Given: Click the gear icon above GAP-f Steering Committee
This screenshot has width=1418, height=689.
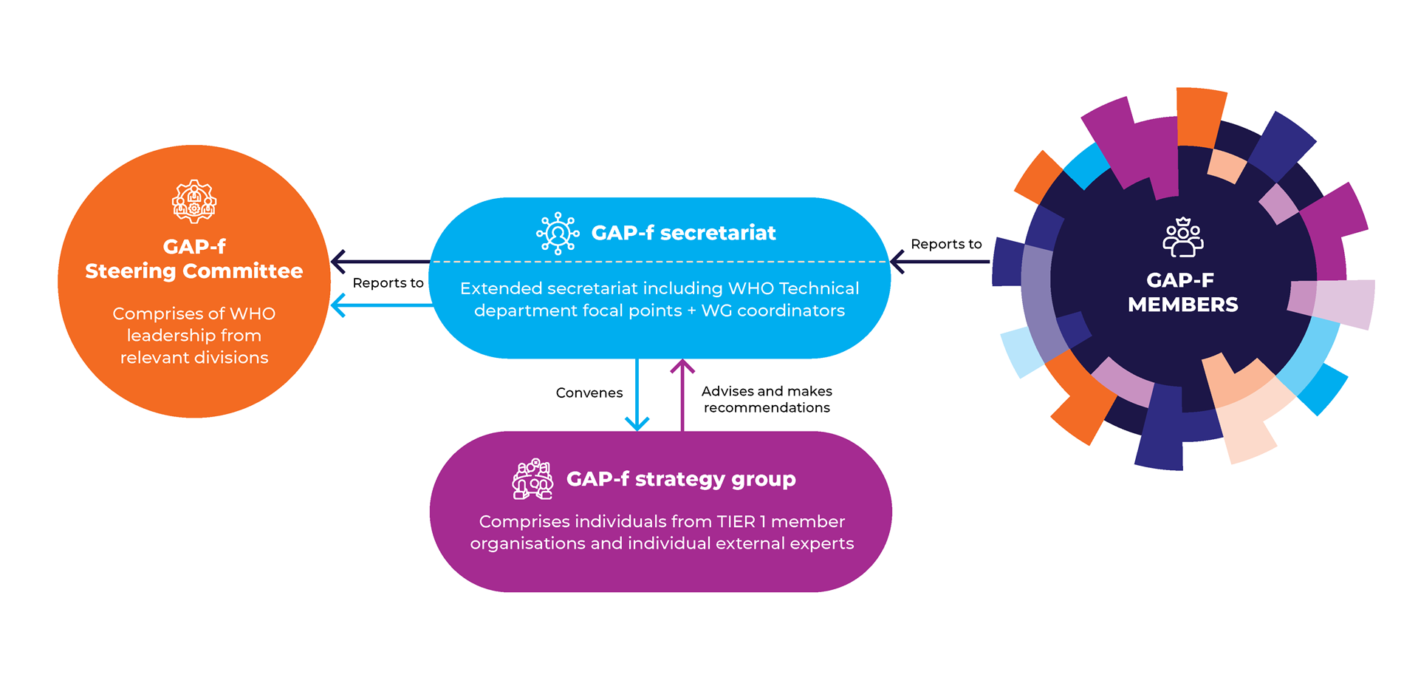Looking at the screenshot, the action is point(194,201).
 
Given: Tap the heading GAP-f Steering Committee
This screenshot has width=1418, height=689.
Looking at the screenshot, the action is point(194,259).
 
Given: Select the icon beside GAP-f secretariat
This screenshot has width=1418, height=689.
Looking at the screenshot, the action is point(558,234).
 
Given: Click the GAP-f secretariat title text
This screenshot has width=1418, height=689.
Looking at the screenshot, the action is point(683,233).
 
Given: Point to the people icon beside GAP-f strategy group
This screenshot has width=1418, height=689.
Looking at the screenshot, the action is point(532,479).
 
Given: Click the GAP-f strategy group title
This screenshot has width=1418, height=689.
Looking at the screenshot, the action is point(681,479).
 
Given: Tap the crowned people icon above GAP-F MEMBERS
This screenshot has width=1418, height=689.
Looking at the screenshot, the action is point(1183,237).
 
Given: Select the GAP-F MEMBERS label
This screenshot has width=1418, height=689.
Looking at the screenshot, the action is point(1182,292).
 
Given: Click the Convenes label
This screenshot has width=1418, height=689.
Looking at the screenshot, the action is point(589,393).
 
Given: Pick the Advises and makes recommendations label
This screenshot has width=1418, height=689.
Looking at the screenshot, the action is point(767,399).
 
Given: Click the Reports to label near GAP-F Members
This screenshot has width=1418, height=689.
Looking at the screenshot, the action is point(946,244).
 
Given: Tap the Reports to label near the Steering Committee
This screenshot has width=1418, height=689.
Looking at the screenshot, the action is point(388,283).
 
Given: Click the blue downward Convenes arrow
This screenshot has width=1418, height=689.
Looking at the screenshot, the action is point(637,395).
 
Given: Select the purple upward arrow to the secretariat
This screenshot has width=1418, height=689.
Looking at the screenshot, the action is point(682,395).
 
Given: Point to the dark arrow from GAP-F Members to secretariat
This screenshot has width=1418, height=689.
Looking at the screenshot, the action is point(939,262).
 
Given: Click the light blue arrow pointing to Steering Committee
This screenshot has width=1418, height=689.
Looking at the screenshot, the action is point(382,305).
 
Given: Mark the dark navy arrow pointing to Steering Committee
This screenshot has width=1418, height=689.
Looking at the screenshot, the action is point(380,262).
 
